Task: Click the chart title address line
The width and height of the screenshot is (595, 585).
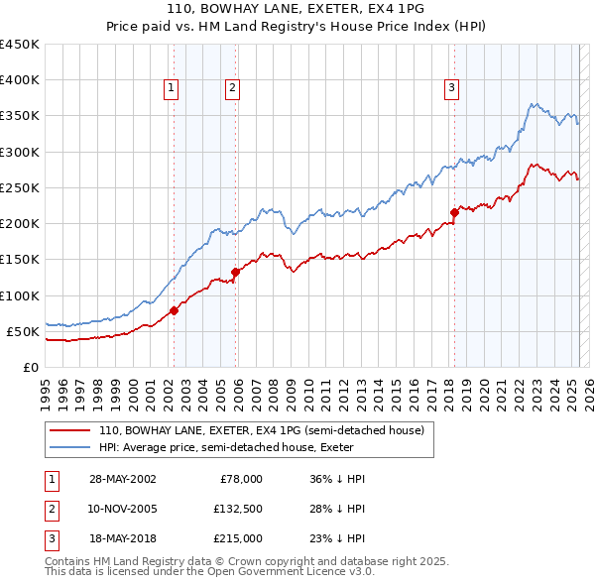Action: pyautogui.click(x=297, y=10)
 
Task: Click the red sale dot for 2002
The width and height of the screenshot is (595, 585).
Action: pyautogui.click(x=174, y=310)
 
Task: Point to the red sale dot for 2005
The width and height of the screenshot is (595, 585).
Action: pyautogui.click(x=235, y=272)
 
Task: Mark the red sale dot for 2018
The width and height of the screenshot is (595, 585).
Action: pyautogui.click(x=454, y=212)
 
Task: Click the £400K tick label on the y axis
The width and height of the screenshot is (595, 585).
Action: pyautogui.click(x=20, y=80)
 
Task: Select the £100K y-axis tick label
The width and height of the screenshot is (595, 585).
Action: pyautogui.click(x=20, y=295)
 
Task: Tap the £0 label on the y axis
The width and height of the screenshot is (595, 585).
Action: pyautogui.click(x=30, y=367)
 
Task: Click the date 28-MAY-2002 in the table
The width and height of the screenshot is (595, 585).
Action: pyautogui.click(x=122, y=479)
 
